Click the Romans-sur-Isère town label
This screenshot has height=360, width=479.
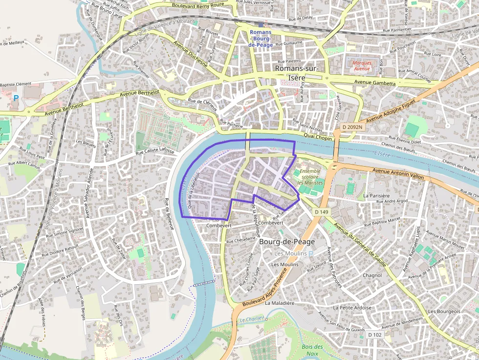[297, 73]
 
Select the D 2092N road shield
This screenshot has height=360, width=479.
[352, 127]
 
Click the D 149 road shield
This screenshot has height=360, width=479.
[322, 212]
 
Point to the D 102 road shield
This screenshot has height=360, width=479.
[374, 335]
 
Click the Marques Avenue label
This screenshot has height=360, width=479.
[362, 65]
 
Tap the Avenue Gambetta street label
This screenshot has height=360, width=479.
[375, 83]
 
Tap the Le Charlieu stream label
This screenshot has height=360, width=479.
[252, 318]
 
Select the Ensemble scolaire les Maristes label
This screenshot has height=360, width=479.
[311, 177]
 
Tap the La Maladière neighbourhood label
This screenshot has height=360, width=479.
[280, 303]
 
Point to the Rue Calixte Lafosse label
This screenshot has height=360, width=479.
[154, 152]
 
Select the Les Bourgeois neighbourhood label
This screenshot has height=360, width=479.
[444, 311]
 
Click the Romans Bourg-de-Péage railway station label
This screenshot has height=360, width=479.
[261, 39]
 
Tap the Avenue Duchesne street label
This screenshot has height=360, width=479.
[191, 54]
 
